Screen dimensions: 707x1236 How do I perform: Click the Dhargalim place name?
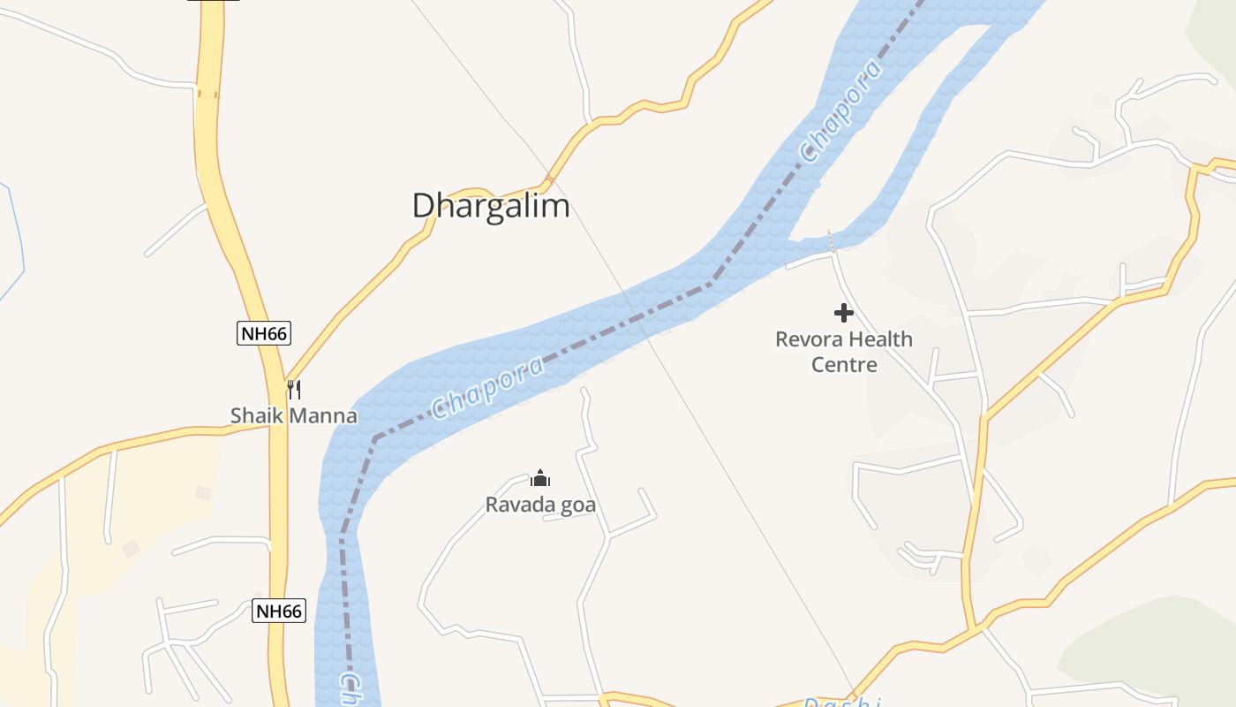coord(491,206)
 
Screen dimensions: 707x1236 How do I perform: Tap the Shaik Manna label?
coord(293,415)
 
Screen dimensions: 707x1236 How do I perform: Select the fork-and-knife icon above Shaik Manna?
coord(294,389)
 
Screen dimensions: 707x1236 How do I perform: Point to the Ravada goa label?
coord(540,506)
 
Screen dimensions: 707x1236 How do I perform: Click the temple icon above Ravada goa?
coord(540,479)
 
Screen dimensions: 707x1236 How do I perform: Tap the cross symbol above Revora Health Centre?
coord(844,313)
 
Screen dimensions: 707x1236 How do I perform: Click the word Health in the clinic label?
coord(880,339)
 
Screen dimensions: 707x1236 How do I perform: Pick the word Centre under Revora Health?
coord(844,364)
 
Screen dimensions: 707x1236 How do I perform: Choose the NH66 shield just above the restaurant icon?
coord(264,334)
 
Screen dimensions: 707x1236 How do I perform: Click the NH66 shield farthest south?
coord(279,611)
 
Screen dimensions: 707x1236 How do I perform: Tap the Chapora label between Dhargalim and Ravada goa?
coord(487,387)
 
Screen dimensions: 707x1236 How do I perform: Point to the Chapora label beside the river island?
coord(840,111)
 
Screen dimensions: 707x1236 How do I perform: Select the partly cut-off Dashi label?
coord(843,703)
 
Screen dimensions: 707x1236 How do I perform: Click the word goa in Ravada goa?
coord(579,506)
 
